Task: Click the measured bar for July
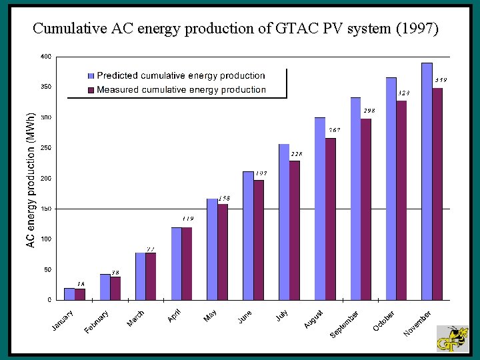pos(295,230)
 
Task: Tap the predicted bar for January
pos(69,294)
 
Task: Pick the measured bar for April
pos(187,263)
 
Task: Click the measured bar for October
pos(401,200)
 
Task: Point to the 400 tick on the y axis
pos(45,57)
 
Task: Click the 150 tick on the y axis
pos(45,209)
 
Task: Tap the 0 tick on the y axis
pos(49,300)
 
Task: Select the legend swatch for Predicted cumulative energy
pos(91,76)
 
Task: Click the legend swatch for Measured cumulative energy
pos(91,89)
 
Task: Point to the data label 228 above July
pos(297,154)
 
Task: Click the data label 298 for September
pos(369,111)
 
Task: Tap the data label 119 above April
pos(189,218)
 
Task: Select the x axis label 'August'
pos(314,319)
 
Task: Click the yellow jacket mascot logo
pos(453,339)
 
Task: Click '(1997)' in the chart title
pos(417,28)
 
